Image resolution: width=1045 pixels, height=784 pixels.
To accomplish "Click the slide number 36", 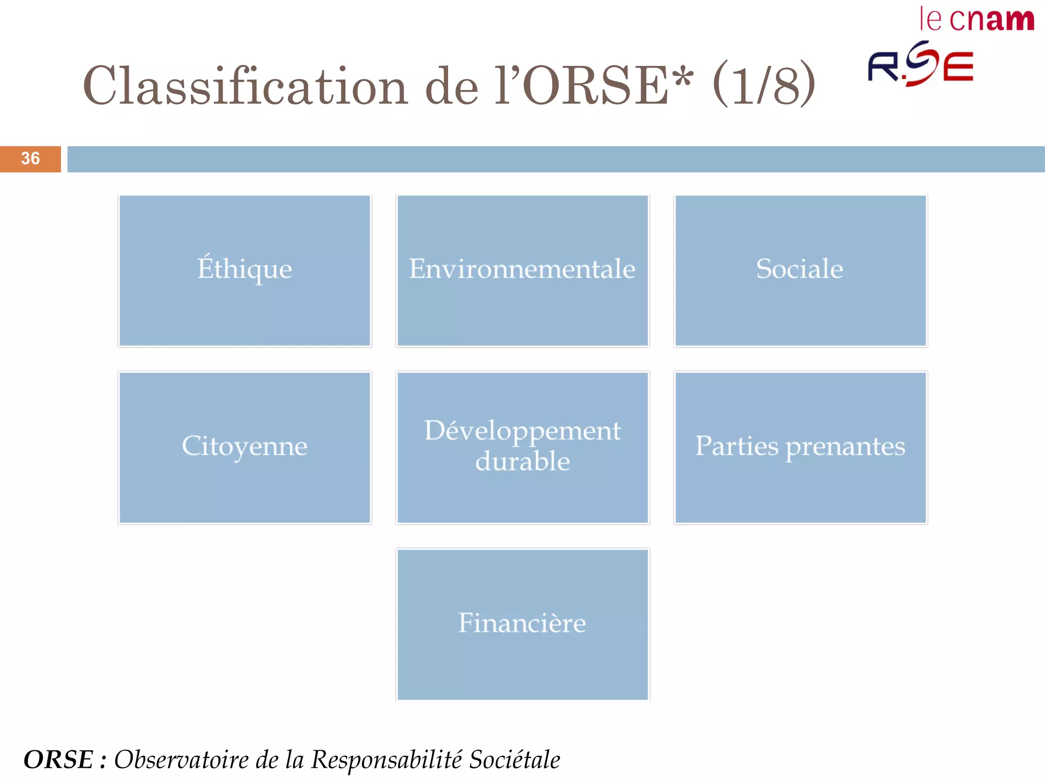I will coord(30,159).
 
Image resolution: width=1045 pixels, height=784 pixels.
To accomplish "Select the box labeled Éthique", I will coord(244,271).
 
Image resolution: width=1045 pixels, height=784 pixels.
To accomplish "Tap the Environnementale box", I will coord(522,271).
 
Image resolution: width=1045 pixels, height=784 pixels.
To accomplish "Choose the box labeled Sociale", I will coord(800,271).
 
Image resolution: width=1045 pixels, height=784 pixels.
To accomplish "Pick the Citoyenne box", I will coord(244,447).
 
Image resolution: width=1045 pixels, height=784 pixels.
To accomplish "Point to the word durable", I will coord(522,462).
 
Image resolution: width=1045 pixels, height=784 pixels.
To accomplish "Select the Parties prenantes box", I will coord(800,447).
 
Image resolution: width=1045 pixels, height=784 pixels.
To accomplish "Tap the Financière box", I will coord(522,624).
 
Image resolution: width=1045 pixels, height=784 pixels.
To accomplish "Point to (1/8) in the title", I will coord(763,84).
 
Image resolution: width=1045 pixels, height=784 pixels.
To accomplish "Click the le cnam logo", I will coord(976,20).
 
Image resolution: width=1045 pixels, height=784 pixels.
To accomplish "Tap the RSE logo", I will coord(920,65).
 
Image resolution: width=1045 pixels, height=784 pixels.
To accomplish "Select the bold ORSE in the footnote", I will coord(59,759).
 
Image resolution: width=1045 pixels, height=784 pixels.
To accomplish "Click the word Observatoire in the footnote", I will coord(181,759).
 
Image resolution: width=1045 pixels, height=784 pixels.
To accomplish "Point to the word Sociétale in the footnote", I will coord(514,759).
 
